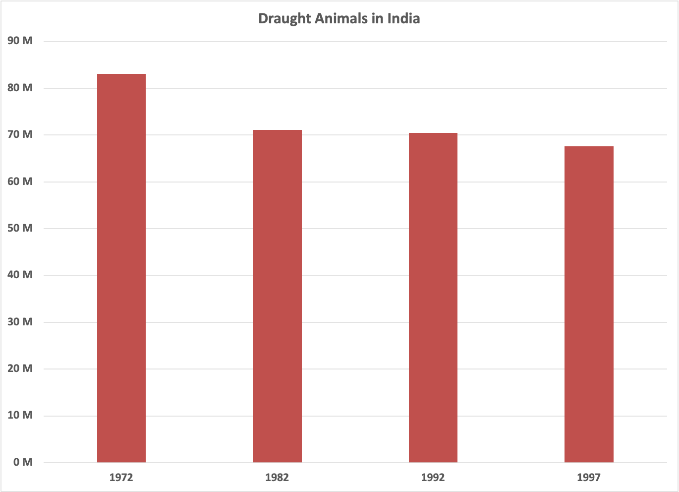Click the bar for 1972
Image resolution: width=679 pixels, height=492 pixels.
121,268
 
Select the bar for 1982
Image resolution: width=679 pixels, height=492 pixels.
277,296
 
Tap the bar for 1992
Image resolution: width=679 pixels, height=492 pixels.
433,298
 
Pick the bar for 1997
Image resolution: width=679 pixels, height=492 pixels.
589,305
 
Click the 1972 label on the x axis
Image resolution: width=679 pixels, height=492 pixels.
121,478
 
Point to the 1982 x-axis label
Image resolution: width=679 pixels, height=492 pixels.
277,478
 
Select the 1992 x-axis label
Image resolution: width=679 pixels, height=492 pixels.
433,478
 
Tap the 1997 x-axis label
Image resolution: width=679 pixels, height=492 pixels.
589,478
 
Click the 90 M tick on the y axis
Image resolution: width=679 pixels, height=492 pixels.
20,41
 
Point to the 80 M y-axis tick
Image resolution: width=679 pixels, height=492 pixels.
20,88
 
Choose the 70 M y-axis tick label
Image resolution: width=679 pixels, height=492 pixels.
20,134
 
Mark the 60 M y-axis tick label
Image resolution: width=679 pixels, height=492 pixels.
20,182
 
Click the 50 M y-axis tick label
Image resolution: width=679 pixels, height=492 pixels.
20,228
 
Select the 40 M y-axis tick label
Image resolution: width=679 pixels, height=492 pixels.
20,275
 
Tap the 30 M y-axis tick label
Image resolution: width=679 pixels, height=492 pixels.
20,322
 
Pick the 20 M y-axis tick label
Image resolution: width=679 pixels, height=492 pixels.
20,369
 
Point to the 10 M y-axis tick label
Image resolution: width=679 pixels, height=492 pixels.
20,415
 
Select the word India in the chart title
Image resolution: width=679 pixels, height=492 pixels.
403,19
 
